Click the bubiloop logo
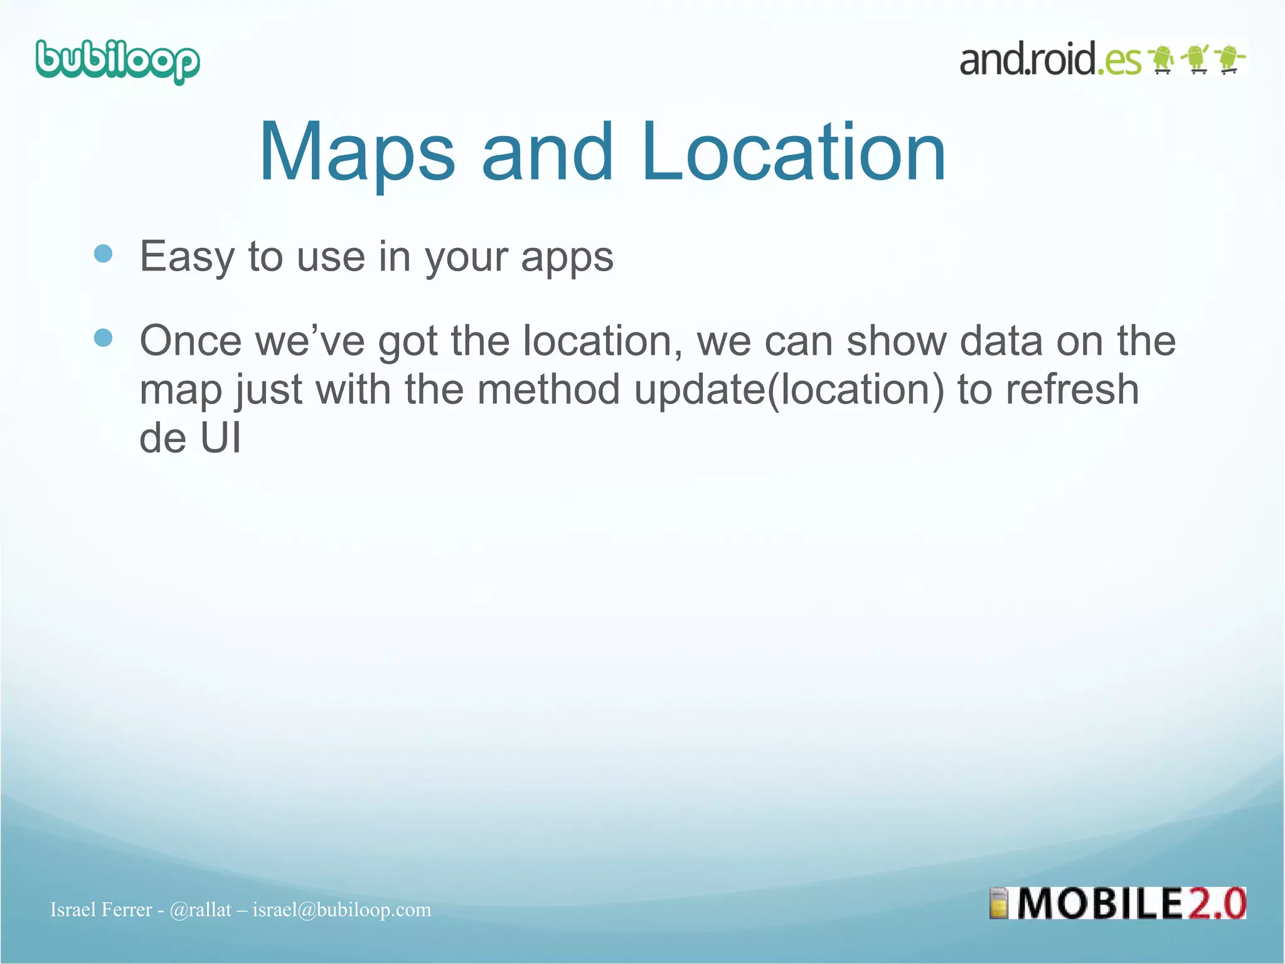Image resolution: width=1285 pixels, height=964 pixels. click(117, 62)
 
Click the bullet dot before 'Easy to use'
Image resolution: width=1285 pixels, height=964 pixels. click(103, 254)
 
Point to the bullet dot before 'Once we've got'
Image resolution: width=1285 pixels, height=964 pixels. click(103, 338)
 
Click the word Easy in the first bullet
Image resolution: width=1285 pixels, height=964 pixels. click(186, 257)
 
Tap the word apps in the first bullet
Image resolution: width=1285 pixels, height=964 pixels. click(567, 258)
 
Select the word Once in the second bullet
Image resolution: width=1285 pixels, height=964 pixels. click(190, 341)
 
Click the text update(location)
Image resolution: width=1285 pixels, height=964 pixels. click(789, 390)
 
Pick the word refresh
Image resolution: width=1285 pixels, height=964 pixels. click(1072, 390)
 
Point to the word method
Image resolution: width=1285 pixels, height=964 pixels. click(548, 390)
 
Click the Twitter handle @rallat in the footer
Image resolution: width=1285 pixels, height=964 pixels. click(200, 909)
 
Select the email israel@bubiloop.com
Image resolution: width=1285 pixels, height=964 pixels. click(342, 909)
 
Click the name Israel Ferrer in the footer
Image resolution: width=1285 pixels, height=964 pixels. click(101, 909)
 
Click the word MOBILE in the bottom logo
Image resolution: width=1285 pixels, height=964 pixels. click(1099, 904)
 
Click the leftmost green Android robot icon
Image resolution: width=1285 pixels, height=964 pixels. click(1162, 60)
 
